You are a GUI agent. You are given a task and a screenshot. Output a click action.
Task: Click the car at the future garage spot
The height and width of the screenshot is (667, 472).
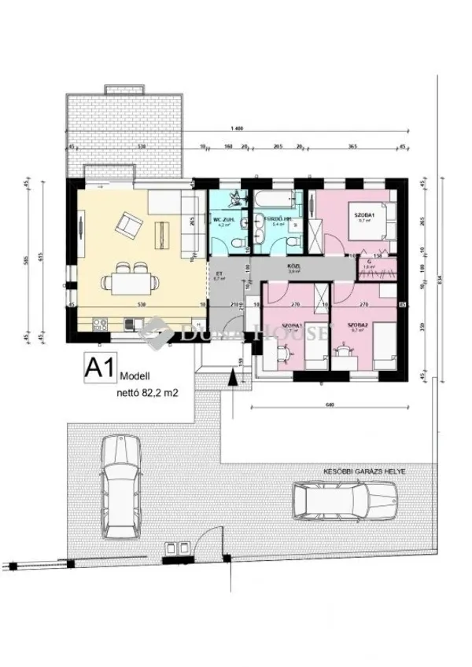345,498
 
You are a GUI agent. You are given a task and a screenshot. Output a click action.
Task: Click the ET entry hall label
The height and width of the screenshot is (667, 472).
219,275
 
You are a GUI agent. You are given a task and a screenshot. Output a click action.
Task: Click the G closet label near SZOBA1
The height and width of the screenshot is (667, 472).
368,261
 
